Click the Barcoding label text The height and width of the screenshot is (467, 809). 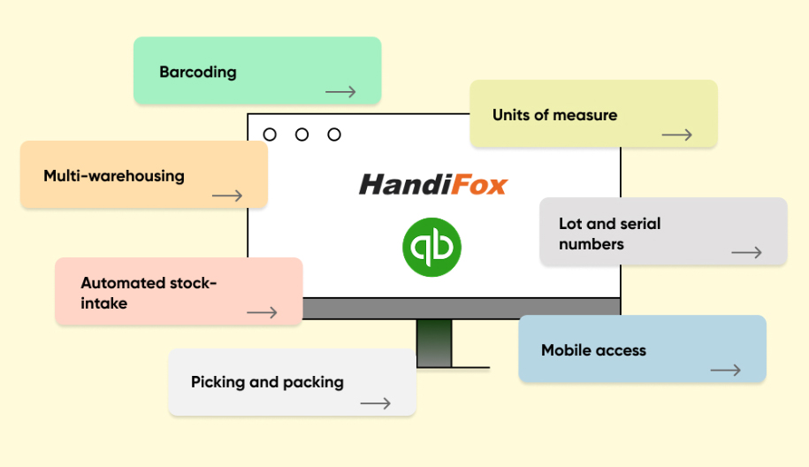197,73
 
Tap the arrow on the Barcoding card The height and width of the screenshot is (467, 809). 340,92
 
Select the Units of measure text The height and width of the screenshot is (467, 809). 554,115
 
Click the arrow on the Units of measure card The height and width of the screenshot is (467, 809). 677,135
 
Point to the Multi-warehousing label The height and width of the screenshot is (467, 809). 114,176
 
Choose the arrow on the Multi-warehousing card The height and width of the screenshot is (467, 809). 227,195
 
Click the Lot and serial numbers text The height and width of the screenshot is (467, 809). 609,233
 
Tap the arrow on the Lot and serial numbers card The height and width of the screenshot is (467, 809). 746,252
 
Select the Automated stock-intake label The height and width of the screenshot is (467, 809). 149,293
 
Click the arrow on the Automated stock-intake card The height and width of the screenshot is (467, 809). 262,313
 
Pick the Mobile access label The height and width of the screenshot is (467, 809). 593,350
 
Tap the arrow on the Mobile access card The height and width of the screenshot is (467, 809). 725,370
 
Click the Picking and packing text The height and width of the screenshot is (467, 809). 267,382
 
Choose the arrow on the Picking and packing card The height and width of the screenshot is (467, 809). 376,403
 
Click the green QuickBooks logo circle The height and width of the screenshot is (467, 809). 431,247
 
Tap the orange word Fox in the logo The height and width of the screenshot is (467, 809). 480,185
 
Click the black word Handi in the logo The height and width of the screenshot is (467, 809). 406,185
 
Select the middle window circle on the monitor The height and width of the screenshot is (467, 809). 301,134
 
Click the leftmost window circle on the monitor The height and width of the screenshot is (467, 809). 270,134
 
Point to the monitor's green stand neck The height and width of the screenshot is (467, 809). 434,343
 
